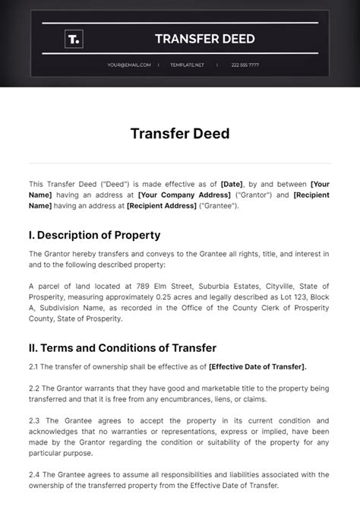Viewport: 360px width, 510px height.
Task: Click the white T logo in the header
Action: tap(74, 39)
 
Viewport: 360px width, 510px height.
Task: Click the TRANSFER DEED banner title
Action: tap(204, 39)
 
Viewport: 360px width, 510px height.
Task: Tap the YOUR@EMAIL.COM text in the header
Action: tap(129, 65)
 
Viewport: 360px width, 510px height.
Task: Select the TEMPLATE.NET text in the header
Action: tap(188, 65)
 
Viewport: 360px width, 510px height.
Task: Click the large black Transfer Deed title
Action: tap(180, 135)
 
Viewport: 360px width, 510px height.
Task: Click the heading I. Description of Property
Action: tap(94, 235)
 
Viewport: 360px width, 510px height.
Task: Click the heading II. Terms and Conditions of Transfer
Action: tap(122, 347)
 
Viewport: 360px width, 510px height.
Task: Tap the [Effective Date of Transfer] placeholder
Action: tap(257, 366)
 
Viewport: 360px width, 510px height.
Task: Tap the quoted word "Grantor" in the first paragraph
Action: tap(251, 195)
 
